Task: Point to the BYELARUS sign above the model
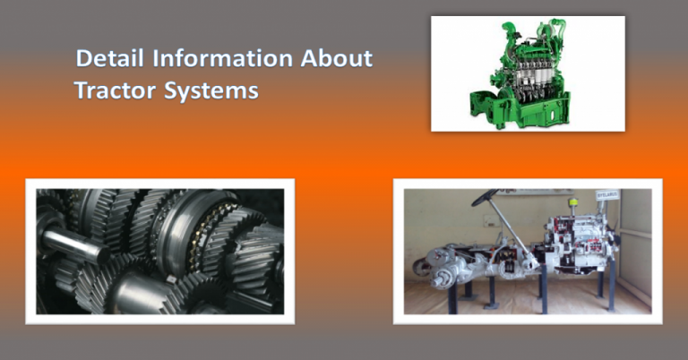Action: [609, 194]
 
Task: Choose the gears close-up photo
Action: [160, 252]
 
